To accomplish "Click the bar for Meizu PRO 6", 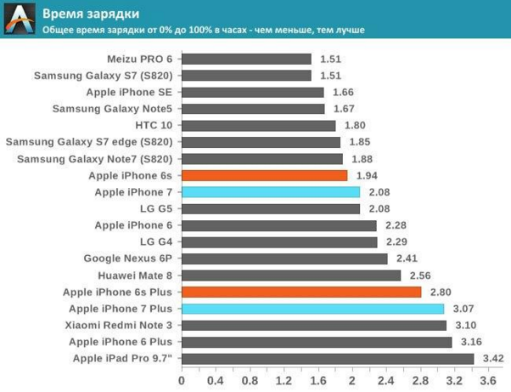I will pyautogui.click(x=246, y=59).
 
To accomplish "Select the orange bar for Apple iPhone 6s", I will pyautogui.click(x=264, y=175).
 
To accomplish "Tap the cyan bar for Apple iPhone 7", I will pyautogui.click(x=270, y=192).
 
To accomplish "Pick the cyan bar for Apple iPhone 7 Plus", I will pyautogui.click(x=312, y=309).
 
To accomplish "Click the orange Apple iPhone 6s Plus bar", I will pyautogui.click(x=300, y=292).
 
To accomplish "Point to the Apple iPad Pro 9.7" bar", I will pyautogui.click(x=327, y=358).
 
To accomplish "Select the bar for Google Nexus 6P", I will pyautogui.click(x=284, y=258).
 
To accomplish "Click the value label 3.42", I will pyautogui.click(x=493, y=358).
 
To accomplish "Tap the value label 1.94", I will pyautogui.click(x=368, y=175).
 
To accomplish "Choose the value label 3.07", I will pyautogui.click(x=463, y=309).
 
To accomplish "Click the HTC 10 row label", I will pyautogui.click(x=153, y=125).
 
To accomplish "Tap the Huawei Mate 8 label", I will pyautogui.click(x=135, y=276).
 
